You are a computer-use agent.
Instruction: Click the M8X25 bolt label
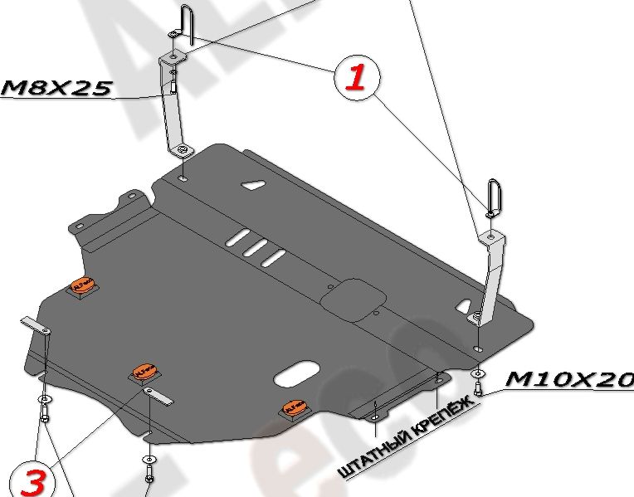[56, 88]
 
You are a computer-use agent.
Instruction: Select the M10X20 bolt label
[568, 378]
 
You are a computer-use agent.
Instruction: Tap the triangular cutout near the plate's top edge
[252, 187]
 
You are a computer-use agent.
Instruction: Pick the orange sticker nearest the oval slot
[294, 407]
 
